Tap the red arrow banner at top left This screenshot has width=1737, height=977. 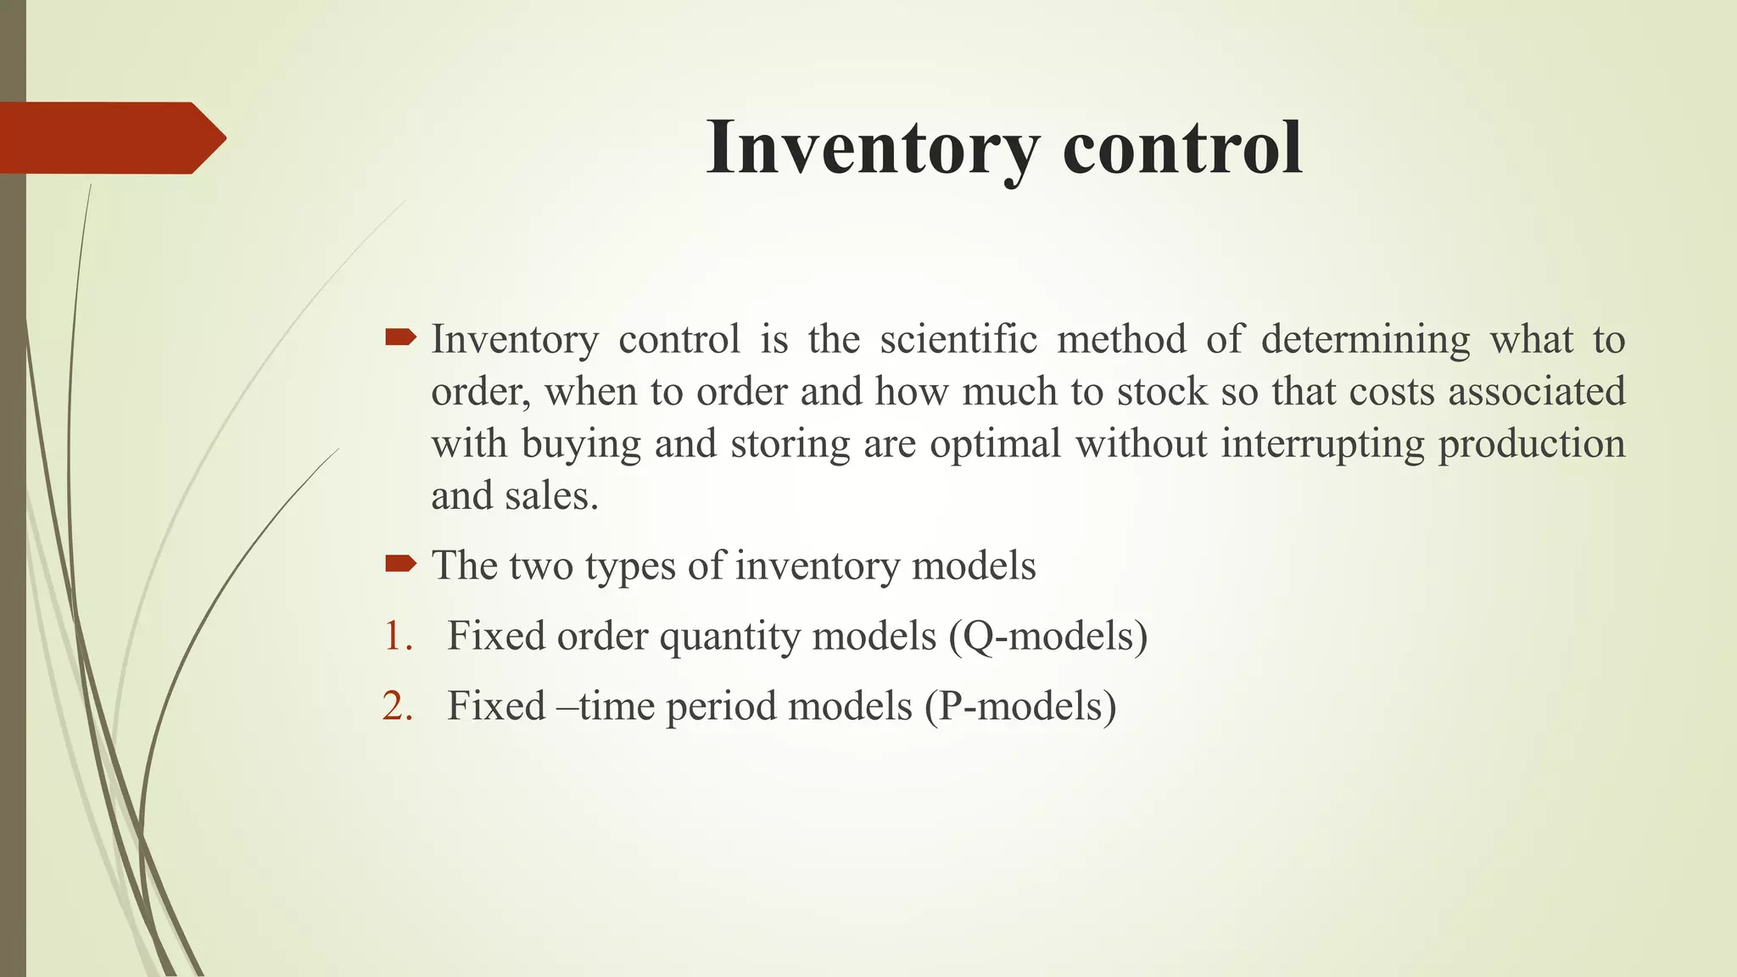tap(110, 138)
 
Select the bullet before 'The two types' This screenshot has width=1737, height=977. tap(400, 564)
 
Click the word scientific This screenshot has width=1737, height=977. tap(958, 339)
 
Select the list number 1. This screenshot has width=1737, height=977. tap(397, 636)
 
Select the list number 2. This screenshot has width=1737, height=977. tap(397, 706)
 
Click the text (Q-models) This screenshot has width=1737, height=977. tap(1048, 636)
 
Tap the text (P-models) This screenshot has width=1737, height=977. tap(1020, 706)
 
